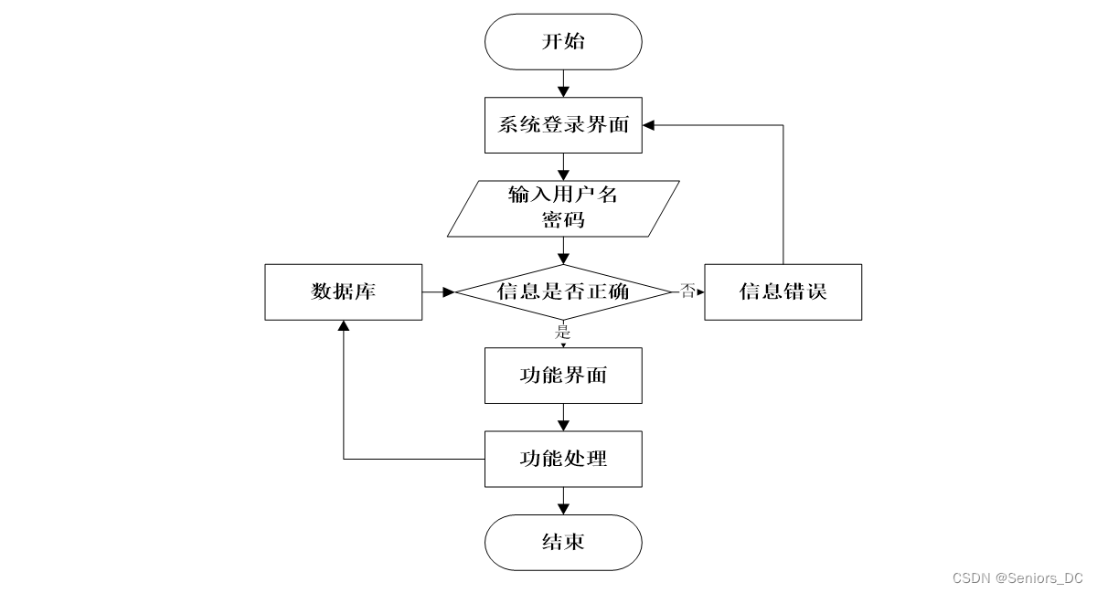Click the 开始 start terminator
pyautogui.click(x=563, y=42)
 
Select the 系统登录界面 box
pyautogui.click(x=563, y=125)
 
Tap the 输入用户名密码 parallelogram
pyautogui.click(x=563, y=208)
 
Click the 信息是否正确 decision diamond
pyautogui.click(x=563, y=292)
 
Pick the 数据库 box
pyautogui.click(x=344, y=292)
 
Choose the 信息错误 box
pyautogui.click(x=783, y=292)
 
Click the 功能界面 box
pyautogui.click(x=563, y=376)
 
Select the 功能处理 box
pyautogui.click(x=563, y=459)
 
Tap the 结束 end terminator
pyautogui.click(x=563, y=543)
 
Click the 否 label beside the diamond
pyautogui.click(x=687, y=291)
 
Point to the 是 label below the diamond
pyautogui.click(x=563, y=332)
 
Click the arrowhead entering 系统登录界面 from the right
pyautogui.click(x=648, y=125)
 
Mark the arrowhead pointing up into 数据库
pyautogui.click(x=344, y=326)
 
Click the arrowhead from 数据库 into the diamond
pyautogui.click(x=449, y=292)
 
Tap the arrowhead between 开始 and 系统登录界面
pyautogui.click(x=563, y=91)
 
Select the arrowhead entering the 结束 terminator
pyautogui.click(x=563, y=509)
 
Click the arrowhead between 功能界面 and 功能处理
pyautogui.click(x=563, y=426)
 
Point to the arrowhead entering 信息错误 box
pyautogui.click(x=701, y=292)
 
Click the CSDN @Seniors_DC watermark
pyautogui.click(x=1017, y=578)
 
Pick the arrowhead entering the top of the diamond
pyautogui.click(x=563, y=259)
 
